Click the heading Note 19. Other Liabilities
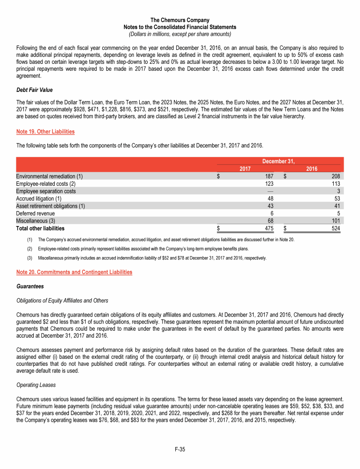(x=45, y=132)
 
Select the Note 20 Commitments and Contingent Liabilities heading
(x=74, y=272)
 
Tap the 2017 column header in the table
(x=245, y=169)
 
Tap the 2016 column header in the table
(x=312, y=169)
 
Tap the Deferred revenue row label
(x=35, y=213)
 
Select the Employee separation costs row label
(x=46, y=191)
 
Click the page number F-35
(x=180, y=449)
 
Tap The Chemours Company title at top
(x=180, y=20)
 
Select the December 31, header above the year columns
(x=278, y=161)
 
